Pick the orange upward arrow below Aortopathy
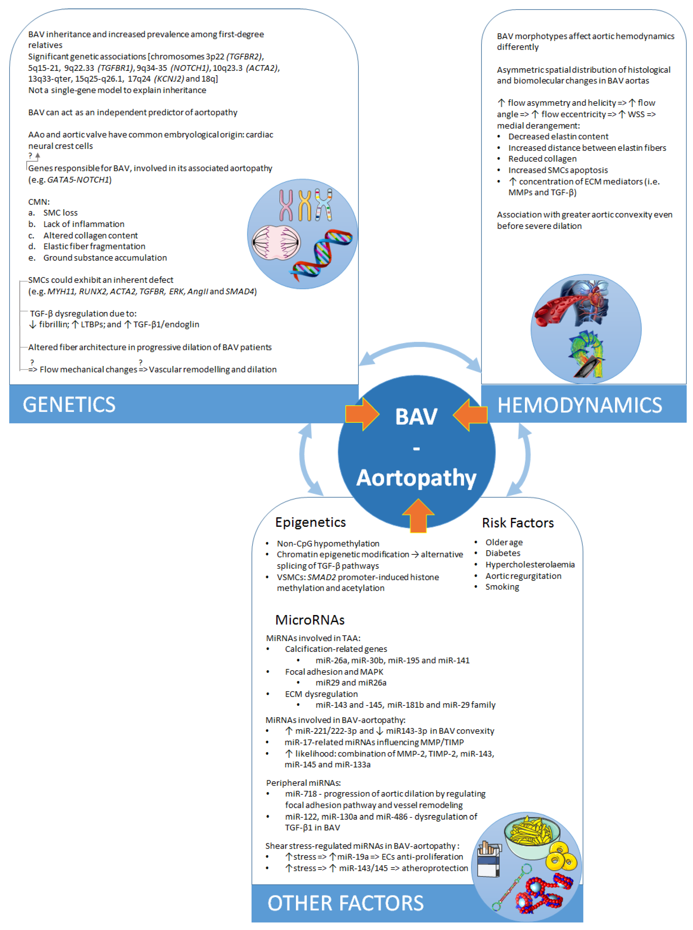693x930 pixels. click(418, 515)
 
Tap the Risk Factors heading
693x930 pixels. click(518, 523)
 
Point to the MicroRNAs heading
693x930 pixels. click(310, 620)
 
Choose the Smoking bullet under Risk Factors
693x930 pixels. click(502, 587)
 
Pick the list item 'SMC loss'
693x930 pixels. click(60, 213)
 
